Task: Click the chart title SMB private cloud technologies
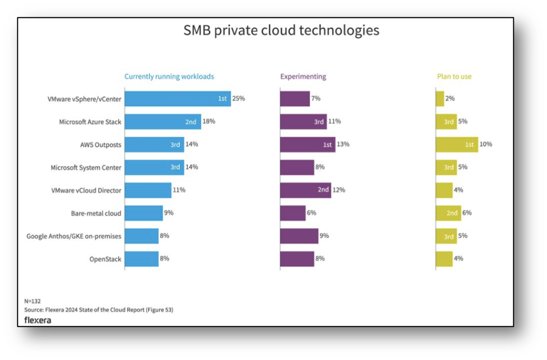(281, 30)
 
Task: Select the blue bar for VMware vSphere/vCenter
(178, 98)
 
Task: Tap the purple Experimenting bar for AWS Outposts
(307, 145)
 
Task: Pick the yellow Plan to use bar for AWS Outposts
(457, 145)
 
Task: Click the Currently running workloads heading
(169, 76)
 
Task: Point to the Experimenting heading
(303, 76)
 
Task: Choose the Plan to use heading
(454, 76)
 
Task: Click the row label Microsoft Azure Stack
(90, 122)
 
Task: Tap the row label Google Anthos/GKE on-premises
(74, 236)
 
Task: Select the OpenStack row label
(105, 259)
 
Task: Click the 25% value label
(239, 98)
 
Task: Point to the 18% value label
(209, 121)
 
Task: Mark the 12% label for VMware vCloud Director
(339, 190)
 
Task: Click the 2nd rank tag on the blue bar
(190, 122)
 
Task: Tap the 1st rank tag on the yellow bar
(469, 145)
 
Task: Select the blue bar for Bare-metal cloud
(144, 213)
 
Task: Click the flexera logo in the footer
(38, 320)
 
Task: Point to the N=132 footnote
(33, 301)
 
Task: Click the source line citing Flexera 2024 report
(99, 309)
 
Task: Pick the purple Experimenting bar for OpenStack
(297, 259)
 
